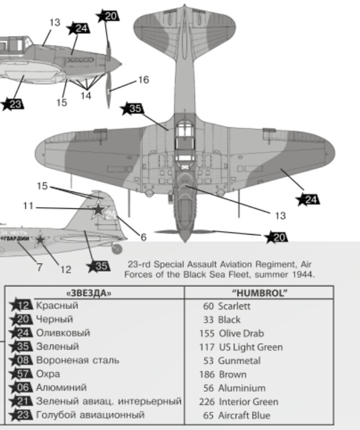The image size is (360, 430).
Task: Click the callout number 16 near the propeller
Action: point(143,80)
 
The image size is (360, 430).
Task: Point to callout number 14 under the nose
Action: point(85,96)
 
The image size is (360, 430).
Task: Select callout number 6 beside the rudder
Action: point(143,237)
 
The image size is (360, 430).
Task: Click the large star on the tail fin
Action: point(98,209)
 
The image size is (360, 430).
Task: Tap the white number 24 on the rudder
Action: point(111,214)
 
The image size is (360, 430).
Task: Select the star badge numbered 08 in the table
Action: point(22,360)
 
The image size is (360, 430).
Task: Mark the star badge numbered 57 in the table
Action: point(22,374)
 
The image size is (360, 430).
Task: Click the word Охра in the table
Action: point(48,374)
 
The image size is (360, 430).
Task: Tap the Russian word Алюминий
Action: point(61,388)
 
